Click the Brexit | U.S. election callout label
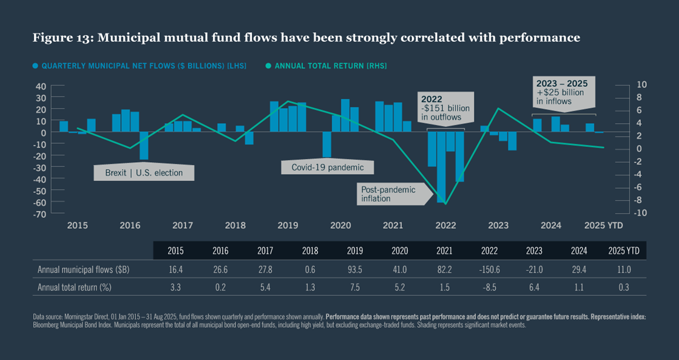coord(144,172)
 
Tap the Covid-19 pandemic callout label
coord(328,167)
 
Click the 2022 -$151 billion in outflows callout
coord(445,108)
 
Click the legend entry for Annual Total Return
coord(329,65)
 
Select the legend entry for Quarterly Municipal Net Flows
coord(140,65)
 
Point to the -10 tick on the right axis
coord(626,213)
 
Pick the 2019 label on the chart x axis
coord(288,225)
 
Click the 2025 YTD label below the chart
coord(603,225)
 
